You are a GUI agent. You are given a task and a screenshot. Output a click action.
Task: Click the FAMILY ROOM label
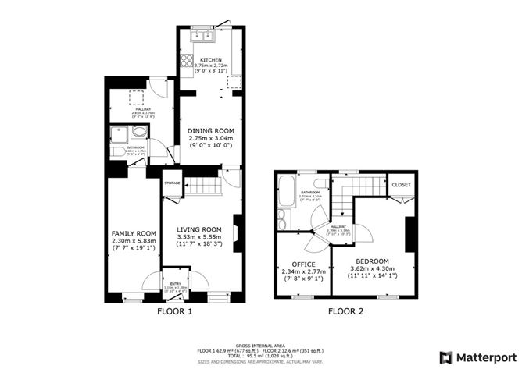[x=134, y=233]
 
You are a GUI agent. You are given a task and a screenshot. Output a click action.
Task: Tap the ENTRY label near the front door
[x=171, y=284]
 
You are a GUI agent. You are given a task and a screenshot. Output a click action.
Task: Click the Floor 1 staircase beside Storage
[x=202, y=188]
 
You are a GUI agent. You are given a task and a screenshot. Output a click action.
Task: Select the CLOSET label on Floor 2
[x=401, y=185]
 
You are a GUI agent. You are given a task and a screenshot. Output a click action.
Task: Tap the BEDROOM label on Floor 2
[x=371, y=261]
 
